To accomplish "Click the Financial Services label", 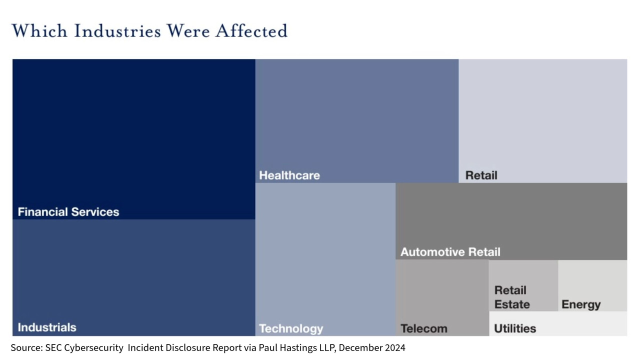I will point(68,212).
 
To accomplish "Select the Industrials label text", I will point(47,327).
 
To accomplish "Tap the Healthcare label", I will point(289,175).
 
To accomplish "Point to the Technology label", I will point(291,328).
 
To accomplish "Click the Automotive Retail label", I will point(450,252).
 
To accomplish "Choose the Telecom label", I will point(423,328).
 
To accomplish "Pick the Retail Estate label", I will point(511,297).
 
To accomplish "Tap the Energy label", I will point(581,304).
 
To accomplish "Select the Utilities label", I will point(515,328).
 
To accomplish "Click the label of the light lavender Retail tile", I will point(481,175).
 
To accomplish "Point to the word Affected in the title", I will point(251,31).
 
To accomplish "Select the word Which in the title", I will point(39,31).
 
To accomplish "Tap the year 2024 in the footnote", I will point(393,347).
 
